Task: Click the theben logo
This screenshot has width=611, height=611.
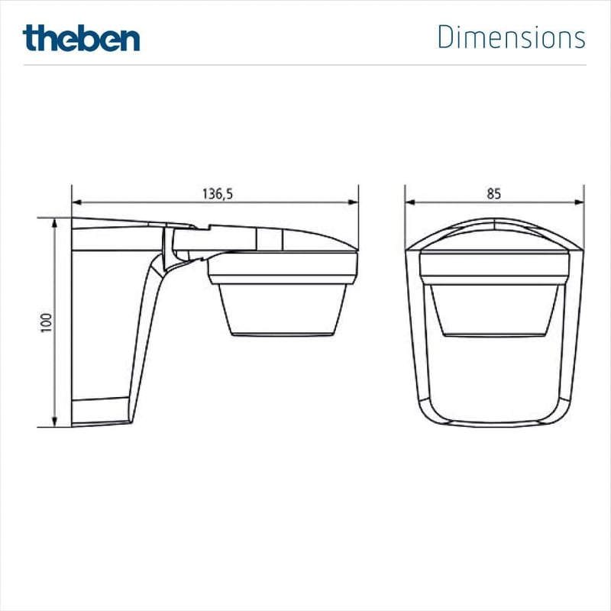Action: (x=81, y=37)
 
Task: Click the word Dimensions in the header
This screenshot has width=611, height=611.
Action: (x=511, y=37)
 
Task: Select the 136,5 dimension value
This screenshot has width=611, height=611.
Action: (x=218, y=194)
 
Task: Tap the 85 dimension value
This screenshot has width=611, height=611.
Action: (x=493, y=194)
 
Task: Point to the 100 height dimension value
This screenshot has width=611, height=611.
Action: (x=47, y=322)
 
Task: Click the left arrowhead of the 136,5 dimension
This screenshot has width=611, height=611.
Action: (x=77, y=202)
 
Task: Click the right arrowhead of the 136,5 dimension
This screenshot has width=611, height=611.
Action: (x=353, y=202)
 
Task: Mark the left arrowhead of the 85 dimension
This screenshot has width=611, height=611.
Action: (x=410, y=202)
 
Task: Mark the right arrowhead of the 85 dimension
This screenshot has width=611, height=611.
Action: (x=580, y=202)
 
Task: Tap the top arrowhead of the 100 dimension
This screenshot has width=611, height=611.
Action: (x=54, y=223)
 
